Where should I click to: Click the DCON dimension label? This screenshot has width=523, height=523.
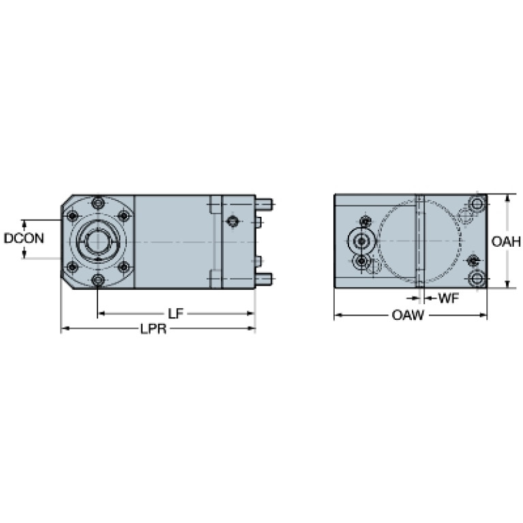[x=24, y=238]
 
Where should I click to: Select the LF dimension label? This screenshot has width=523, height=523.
[x=175, y=314]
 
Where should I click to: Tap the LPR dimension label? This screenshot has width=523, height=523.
[x=153, y=329]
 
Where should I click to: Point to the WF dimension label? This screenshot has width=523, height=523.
[x=449, y=298]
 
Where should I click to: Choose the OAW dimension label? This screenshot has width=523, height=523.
[x=408, y=315]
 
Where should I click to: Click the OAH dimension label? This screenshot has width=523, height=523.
[x=506, y=241]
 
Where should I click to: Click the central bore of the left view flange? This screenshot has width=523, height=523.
[x=98, y=241]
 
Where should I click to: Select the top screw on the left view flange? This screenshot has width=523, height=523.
[x=98, y=203]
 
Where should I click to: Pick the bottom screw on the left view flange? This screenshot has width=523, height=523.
[x=98, y=280]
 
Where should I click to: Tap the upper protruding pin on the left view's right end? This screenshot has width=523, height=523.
[x=264, y=204]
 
